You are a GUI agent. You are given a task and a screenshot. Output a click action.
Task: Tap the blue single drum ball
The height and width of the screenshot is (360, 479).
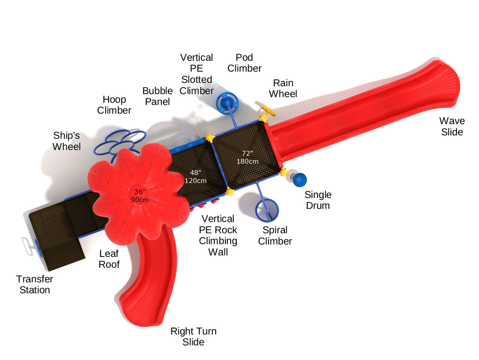click(x=299, y=180)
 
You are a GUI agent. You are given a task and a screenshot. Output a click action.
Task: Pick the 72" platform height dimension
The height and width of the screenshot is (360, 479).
click(x=247, y=157)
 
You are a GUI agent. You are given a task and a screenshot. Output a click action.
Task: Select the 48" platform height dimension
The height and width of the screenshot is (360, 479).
click(x=195, y=176)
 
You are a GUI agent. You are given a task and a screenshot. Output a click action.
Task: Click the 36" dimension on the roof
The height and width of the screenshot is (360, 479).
click(x=140, y=196)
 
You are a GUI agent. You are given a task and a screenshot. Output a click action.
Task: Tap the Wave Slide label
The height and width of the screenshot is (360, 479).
click(x=452, y=127)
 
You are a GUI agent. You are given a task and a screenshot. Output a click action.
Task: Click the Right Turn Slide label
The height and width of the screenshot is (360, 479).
click(x=193, y=337)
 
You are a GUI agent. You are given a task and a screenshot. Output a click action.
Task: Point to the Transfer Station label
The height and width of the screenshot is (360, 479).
click(x=35, y=284)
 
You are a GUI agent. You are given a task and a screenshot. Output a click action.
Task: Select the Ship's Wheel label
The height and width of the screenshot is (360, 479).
click(x=66, y=141)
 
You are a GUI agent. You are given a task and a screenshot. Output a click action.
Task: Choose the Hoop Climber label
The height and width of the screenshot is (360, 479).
click(x=114, y=105)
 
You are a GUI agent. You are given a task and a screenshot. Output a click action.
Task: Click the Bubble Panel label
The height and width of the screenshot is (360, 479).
click(x=157, y=96)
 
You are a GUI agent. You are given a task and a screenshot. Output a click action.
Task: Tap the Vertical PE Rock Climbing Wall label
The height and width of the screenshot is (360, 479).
click(x=218, y=235)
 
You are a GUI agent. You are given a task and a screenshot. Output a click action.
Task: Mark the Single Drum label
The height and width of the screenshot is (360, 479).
click(x=318, y=200)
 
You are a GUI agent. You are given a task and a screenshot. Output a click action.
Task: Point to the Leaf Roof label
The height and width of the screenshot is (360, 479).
click(x=109, y=259)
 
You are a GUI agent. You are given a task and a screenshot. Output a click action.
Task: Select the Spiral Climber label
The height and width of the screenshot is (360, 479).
click(x=275, y=235)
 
